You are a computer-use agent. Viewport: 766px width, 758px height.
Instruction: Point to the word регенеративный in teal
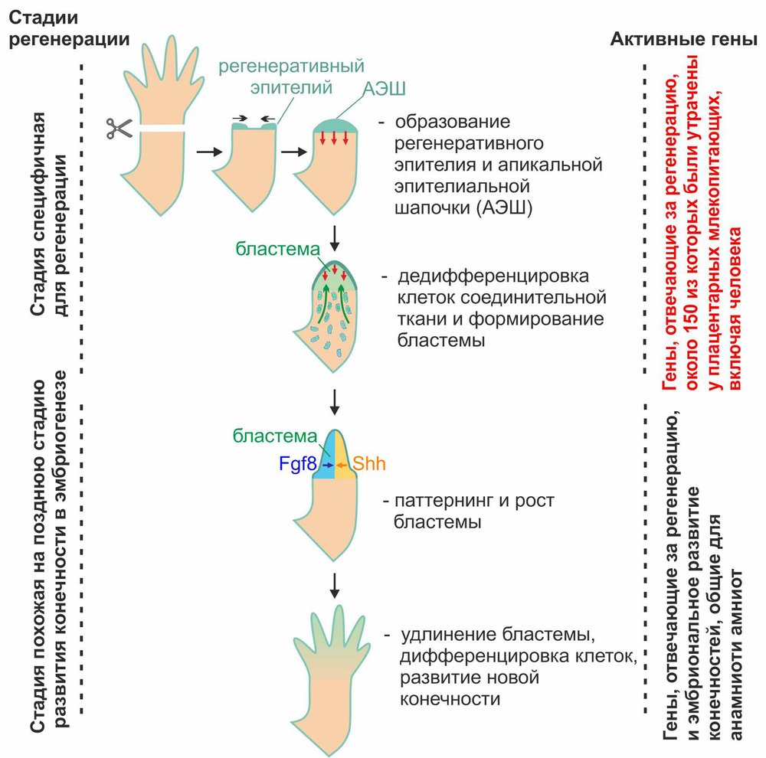pos(290,67)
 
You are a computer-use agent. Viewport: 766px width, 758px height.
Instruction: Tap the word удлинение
pos(444,635)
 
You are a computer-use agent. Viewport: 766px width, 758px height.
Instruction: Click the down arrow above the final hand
pos(334,584)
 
